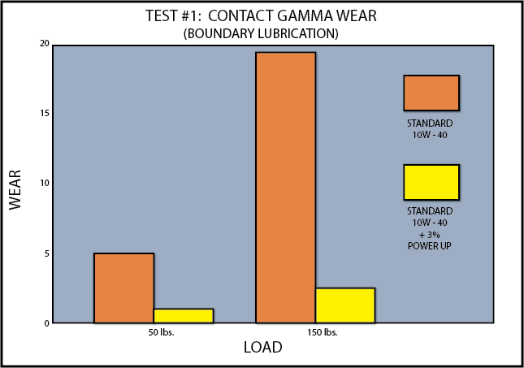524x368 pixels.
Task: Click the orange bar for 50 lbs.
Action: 124,288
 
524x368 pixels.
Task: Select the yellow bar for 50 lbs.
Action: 184,316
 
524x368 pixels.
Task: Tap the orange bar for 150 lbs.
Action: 286,188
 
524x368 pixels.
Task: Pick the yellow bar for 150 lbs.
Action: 345,305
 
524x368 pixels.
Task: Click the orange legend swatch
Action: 431,93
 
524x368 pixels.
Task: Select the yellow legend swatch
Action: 431,183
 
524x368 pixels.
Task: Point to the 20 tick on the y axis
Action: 44,44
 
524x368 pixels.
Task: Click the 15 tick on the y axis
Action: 45,113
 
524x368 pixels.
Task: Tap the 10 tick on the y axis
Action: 45,183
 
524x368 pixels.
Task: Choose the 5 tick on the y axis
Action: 46,253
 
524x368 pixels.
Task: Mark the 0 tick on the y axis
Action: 46,323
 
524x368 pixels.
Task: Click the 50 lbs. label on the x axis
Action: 162,332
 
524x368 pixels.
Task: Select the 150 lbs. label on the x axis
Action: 323,332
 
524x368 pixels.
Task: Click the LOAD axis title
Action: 263,347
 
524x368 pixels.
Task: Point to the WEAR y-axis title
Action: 15,190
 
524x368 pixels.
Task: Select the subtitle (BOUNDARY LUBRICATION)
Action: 261,34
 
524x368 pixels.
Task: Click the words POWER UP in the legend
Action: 430,246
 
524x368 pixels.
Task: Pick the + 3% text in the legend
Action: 430,235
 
